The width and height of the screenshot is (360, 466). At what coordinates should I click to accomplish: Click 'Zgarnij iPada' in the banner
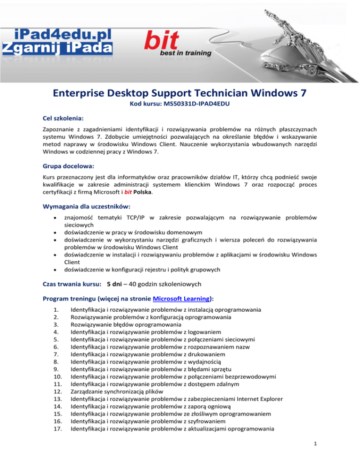tap(56, 48)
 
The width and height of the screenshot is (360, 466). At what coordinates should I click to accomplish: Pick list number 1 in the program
tap(45, 309)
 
